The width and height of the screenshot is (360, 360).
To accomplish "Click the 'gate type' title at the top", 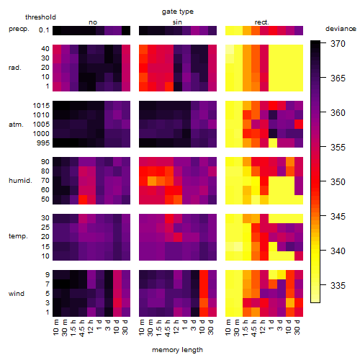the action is [x=178, y=12].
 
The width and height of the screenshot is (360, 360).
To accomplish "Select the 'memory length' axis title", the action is [x=177, y=350].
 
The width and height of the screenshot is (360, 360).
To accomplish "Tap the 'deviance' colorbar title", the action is [x=341, y=29].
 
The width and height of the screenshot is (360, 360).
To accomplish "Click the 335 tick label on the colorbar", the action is [x=338, y=286].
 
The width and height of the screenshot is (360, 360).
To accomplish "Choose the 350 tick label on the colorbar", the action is [x=338, y=182].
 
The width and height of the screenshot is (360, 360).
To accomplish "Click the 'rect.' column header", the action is [x=262, y=22].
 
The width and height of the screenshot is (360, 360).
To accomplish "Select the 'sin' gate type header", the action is [x=177, y=22].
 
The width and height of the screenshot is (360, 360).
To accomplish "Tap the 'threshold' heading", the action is [x=40, y=17].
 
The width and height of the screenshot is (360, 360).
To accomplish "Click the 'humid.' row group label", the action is [x=20, y=181].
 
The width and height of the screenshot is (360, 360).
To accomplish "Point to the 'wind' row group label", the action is [x=17, y=294].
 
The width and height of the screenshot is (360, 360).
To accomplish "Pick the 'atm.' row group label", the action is [x=16, y=125].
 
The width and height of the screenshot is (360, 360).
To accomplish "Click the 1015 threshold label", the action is [x=41, y=106].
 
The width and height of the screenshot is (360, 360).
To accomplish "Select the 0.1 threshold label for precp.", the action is [x=44, y=30].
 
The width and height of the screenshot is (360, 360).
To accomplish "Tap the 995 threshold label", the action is [x=43, y=143].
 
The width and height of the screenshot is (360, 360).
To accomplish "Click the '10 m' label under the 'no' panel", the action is [x=55, y=327].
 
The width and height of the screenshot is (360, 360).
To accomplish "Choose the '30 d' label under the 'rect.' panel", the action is [x=297, y=327].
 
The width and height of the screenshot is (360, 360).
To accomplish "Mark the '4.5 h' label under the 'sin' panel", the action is [x=168, y=328].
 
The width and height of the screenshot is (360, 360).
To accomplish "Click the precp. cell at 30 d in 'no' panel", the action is [x=126, y=30].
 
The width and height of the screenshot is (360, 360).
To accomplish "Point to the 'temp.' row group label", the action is [x=18, y=236].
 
